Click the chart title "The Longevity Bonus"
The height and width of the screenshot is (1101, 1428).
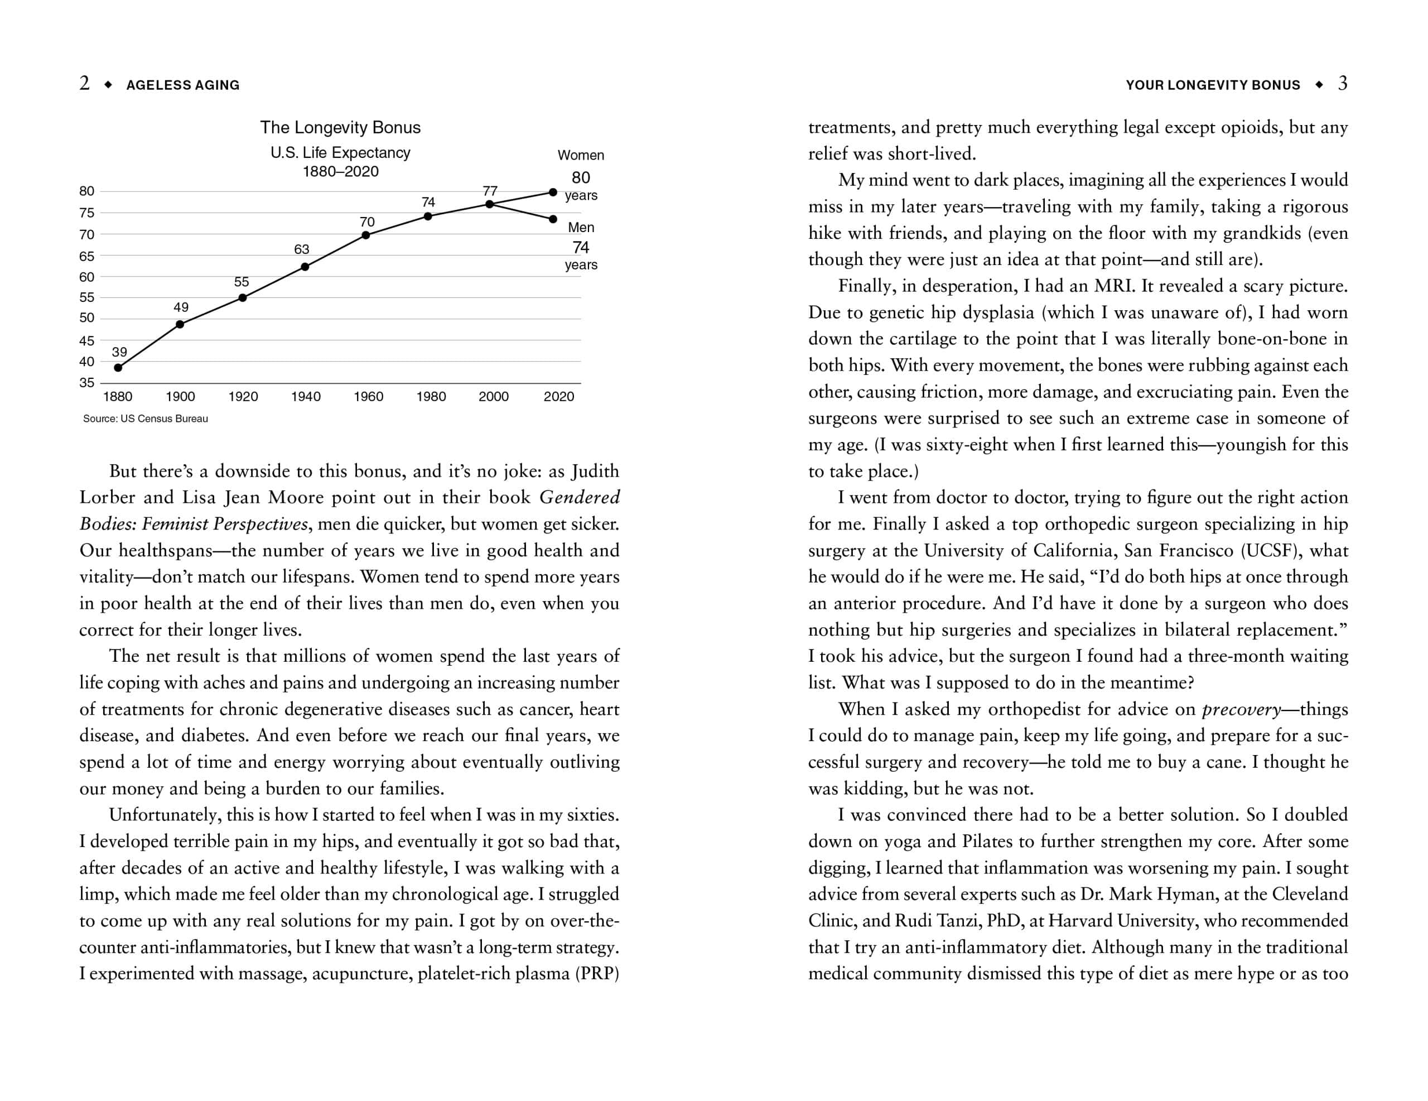coord(340,128)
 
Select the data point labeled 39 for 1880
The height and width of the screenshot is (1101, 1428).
coord(118,368)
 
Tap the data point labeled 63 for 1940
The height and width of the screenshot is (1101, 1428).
coord(305,267)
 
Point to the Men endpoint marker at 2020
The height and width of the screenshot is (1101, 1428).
coord(553,219)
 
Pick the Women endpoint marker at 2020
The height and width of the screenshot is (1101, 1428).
coord(553,193)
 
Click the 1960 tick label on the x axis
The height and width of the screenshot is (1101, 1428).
coord(368,396)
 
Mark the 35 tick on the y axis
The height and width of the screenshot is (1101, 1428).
coord(87,383)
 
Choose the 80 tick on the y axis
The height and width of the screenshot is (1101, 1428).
coord(87,191)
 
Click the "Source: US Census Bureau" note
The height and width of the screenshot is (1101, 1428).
coord(145,419)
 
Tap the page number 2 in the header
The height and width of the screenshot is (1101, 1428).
coord(84,84)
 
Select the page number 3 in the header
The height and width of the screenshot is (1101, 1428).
coord(1342,84)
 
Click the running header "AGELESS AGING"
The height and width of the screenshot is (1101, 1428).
coord(183,85)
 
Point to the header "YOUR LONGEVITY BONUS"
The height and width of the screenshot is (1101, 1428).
coord(1213,85)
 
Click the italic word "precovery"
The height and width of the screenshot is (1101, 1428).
coord(1241,710)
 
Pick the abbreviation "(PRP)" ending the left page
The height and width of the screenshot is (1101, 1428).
coord(597,974)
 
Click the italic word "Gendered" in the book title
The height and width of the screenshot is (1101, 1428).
coord(580,498)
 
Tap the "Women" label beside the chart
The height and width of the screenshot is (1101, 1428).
coord(581,156)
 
